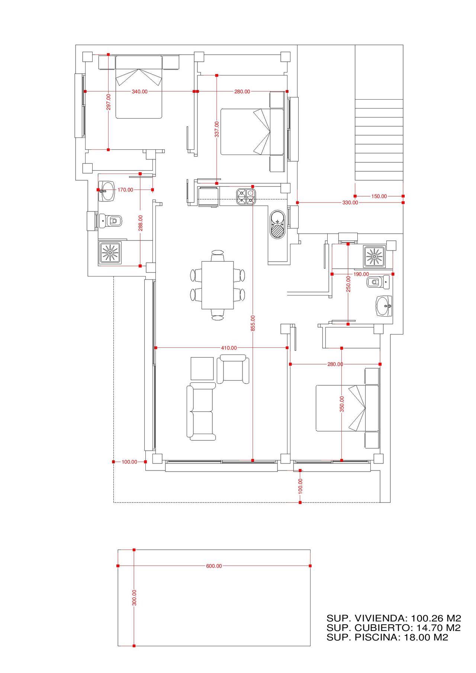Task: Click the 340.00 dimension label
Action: [139, 91]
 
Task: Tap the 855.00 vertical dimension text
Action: [253, 323]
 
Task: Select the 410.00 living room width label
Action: [229, 348]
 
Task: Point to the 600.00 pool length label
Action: [214, 566]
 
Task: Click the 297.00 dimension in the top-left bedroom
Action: [108, 102]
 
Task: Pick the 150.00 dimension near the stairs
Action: [379, 196]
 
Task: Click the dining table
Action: [218, 285]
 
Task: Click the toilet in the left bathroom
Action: [111, 221]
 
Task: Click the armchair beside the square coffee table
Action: [233, 369]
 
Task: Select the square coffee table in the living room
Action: [202, 369]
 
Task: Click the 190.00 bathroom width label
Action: [361, 274]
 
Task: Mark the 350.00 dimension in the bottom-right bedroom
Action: [342, 404]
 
